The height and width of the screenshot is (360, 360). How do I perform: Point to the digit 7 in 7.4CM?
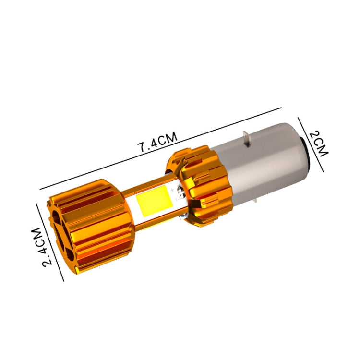pyautogui.click(x=143, y=148)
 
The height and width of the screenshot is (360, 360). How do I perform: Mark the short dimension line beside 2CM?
pyautogui.click(x=311, y=144)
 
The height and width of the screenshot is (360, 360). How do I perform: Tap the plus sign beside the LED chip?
pyautogui.click(x=172, y=192)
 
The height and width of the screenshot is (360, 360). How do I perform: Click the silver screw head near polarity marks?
pyautogui.click(x=180, y=196)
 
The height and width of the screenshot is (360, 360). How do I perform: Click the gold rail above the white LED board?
pyautogui.click(x=149, y=185)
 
